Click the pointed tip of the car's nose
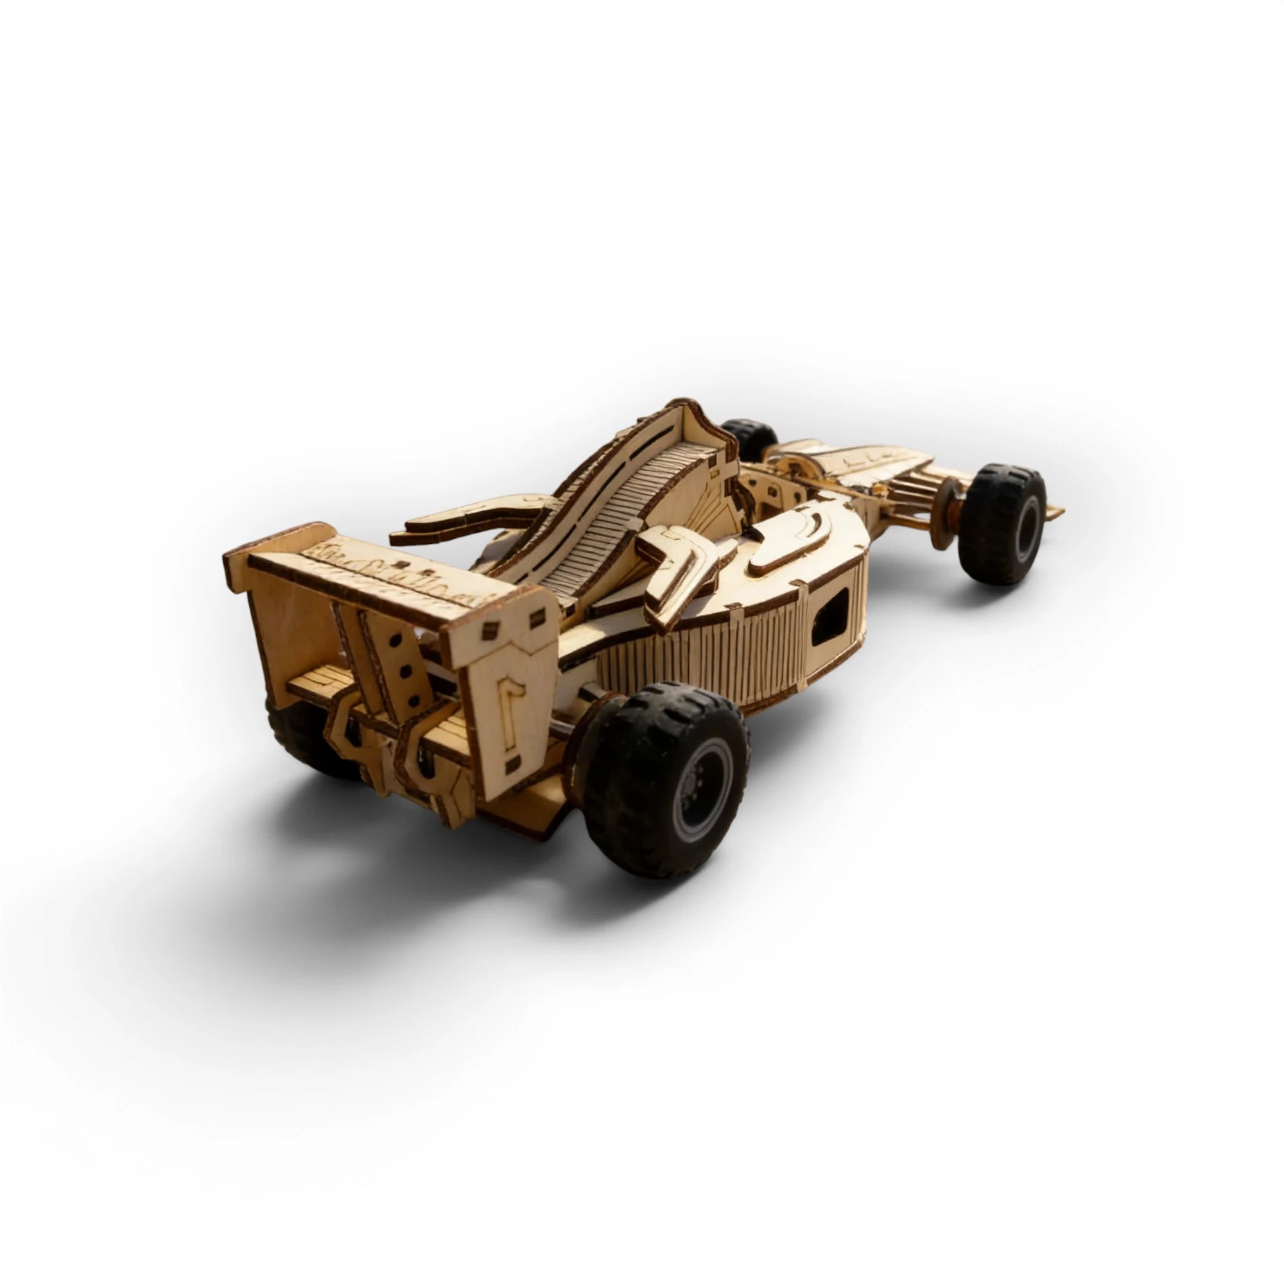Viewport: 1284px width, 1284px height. click(x=1057, y=512)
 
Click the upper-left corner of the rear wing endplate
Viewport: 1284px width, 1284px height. click(x=229, y=559)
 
